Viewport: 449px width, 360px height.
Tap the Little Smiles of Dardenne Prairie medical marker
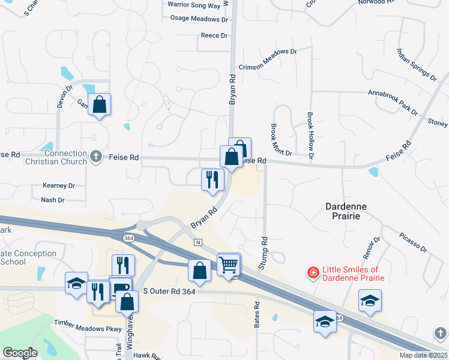click(312, 274)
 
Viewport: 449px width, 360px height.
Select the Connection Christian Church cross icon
click(95, 157)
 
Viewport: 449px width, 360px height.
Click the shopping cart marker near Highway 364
click(229, 264)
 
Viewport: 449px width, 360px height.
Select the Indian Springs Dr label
click(416, 65)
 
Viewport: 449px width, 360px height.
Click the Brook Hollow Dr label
click(310, 136)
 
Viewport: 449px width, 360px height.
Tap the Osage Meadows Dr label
click(200, 19)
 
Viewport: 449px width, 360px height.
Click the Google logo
click(20, 353)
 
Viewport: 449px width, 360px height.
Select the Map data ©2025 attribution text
click(423, 355)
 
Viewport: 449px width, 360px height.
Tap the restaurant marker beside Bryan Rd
click(212, 179)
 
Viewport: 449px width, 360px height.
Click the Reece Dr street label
click(214, 35)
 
